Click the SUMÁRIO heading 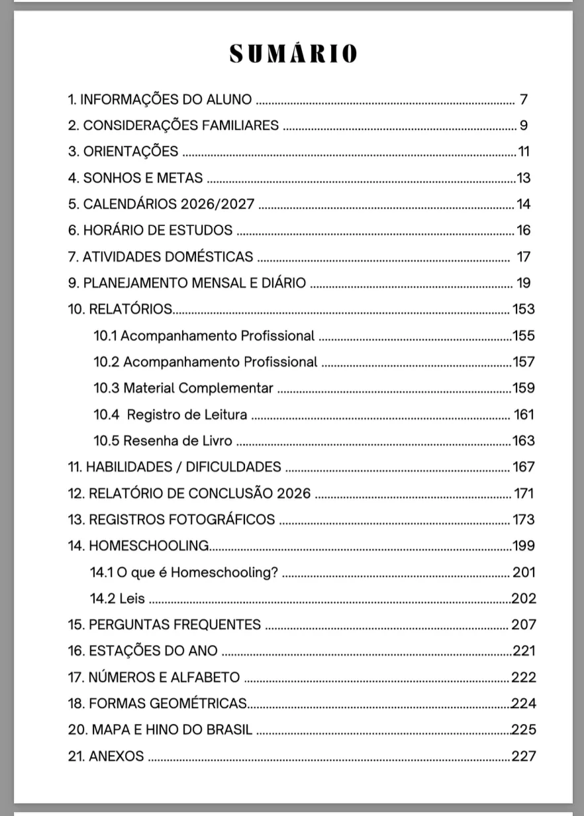[293, 54]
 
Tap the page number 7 [523, 100]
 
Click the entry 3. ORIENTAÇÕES [123, 152]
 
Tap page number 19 [523, 283]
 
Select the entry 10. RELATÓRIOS [121, 309]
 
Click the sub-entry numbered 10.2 [205, 362]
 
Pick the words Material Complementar [198, 388]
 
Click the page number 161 [524, 415]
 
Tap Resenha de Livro [177, 440]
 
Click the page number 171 [524, 493]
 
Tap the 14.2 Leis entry [117, 599]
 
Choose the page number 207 [524, 625]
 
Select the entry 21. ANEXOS [106, 756]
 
